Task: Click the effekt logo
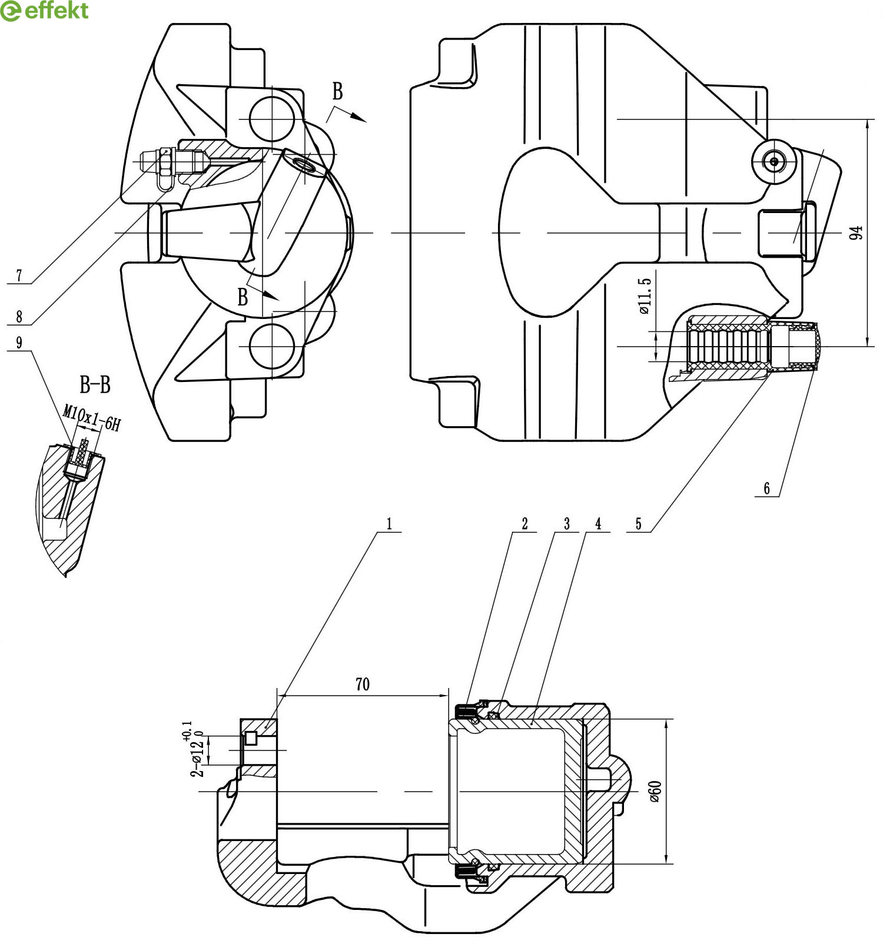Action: coord(45,11)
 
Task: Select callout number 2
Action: coord(525,524)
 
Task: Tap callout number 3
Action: coord(567,524)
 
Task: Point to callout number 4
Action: coord(599,524)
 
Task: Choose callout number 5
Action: coord(639,524)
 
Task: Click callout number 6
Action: coord(767,489)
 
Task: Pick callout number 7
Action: coord(19,275)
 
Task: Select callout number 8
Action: coord(19,317)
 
